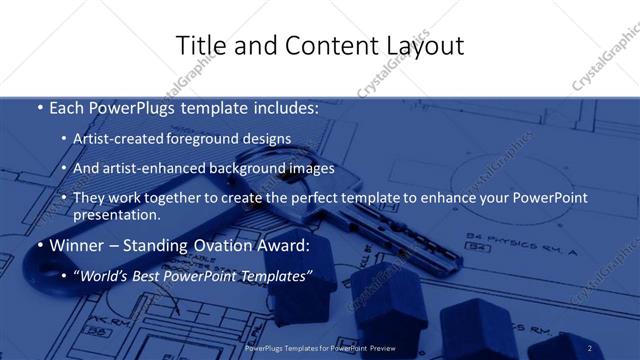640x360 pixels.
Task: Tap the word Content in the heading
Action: (320, 46)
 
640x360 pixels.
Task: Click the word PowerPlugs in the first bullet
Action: (126, 108)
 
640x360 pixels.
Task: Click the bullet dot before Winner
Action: (39, 246)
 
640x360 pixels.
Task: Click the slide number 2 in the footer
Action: (590, 348)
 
